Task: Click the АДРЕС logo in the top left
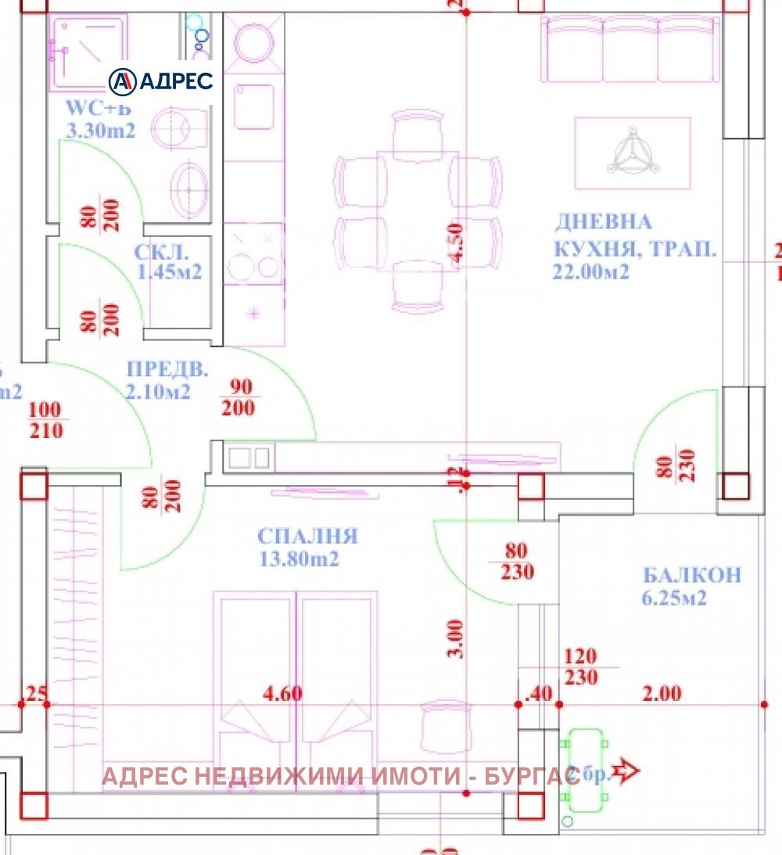[161, 81]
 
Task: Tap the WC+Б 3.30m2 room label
[101, 120]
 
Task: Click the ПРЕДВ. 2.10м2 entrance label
[158, 380]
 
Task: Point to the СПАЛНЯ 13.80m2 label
[307, 547]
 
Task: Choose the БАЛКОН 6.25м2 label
[691, 586]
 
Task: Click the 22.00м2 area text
[591, 271]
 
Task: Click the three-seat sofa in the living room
[630, 50]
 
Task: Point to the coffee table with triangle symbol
[633, 153]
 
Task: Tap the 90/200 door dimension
[239, 397]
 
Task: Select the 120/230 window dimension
[580, 666]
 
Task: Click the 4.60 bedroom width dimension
[283, 693]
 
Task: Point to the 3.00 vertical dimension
[457, 638]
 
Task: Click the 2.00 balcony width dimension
[662, 693]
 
